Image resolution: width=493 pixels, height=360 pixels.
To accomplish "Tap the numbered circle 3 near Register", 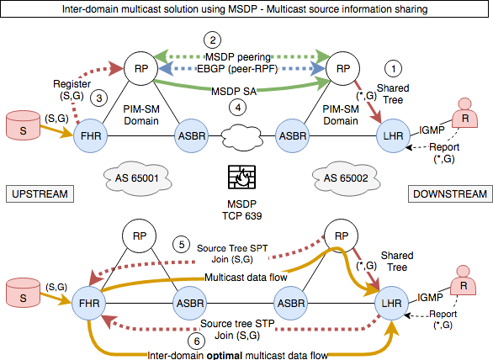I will tap(98, 98).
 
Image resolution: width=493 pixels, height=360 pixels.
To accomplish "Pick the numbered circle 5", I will tap(180, 245).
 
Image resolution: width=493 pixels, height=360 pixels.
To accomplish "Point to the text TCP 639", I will tap(239, 216).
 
